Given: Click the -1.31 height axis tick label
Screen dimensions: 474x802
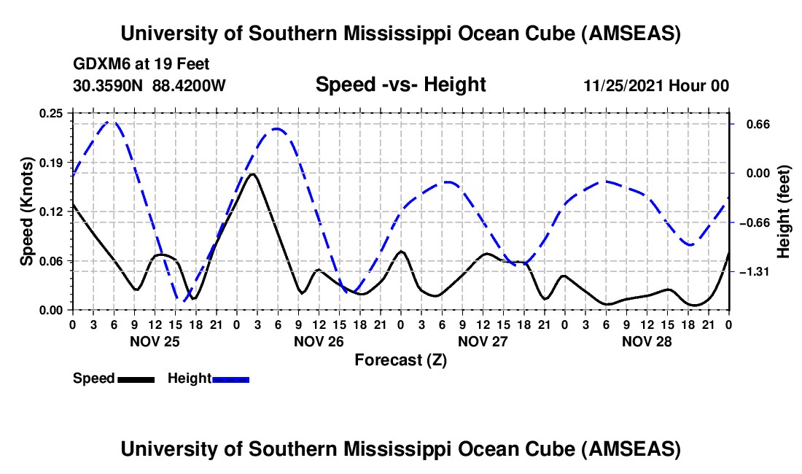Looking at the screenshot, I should click(x=753, y=272).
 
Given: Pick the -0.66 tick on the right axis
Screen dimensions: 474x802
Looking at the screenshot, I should click(x=753, y=222).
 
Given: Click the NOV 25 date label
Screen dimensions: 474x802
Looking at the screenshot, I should click(x=155, y=341).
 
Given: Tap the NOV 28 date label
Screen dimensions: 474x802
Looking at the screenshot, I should click(x=647, y=341).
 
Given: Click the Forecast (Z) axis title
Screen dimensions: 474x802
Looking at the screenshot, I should click(x=400, y=360).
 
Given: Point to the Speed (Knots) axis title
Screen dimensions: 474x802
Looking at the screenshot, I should click(x=27, y=211).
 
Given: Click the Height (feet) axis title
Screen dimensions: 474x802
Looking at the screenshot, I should click(x=784, y=211).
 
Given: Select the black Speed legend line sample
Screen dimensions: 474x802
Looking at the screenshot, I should click(x=135, y=379).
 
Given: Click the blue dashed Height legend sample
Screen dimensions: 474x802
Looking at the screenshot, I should click(x=230, y=379).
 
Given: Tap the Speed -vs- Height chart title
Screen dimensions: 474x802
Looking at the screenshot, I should click(x=400, y=85).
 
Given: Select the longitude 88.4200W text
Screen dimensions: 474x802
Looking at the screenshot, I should click(x=189, y=85).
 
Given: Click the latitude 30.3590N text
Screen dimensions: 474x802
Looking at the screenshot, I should click(x=109, y=85).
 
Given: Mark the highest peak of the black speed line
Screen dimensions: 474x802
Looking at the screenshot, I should click(x=252, y=174).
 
